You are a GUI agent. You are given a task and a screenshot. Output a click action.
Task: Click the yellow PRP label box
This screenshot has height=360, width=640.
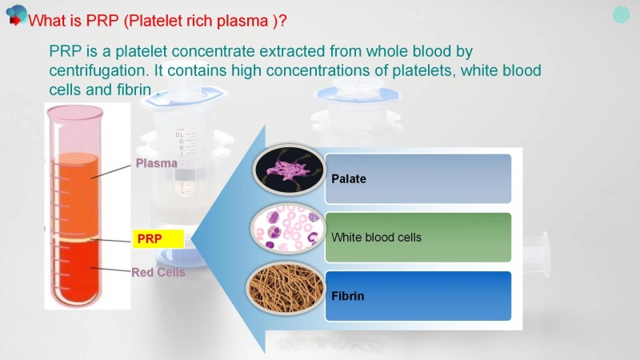point(158,238)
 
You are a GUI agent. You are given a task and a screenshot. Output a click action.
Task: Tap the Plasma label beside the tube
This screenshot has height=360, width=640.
point(156,163)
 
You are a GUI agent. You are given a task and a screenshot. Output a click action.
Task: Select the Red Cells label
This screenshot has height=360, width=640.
point(158,272)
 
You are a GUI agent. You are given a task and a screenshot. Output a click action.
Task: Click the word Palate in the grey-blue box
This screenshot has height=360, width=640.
point(349,178)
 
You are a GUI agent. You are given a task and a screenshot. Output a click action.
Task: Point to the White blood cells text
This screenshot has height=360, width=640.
point(376,237)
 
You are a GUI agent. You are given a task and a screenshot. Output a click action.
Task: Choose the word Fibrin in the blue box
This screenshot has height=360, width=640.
point(348,296)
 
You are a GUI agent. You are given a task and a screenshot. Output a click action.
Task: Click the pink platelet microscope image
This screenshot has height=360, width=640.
point(289,170)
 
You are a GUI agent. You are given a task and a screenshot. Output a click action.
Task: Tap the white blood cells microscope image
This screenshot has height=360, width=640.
point(288,228)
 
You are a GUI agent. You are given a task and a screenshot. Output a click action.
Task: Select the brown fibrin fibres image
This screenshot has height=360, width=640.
point(286,288)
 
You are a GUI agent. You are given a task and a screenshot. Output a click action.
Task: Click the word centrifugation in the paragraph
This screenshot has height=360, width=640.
point(98,70)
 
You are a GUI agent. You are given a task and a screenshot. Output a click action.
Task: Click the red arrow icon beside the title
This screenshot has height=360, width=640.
point(15,20)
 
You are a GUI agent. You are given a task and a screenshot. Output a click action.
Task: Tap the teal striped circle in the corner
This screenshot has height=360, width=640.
point(621,14)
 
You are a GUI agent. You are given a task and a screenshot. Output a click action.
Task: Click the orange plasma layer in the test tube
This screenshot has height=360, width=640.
point(75,195)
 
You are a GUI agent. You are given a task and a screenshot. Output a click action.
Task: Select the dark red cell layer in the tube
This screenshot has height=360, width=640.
point(75,271)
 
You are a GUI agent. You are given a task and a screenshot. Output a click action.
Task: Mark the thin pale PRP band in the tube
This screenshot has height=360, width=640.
point(75,239)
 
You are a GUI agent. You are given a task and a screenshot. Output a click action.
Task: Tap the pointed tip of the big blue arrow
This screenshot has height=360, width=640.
point(191,239)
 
